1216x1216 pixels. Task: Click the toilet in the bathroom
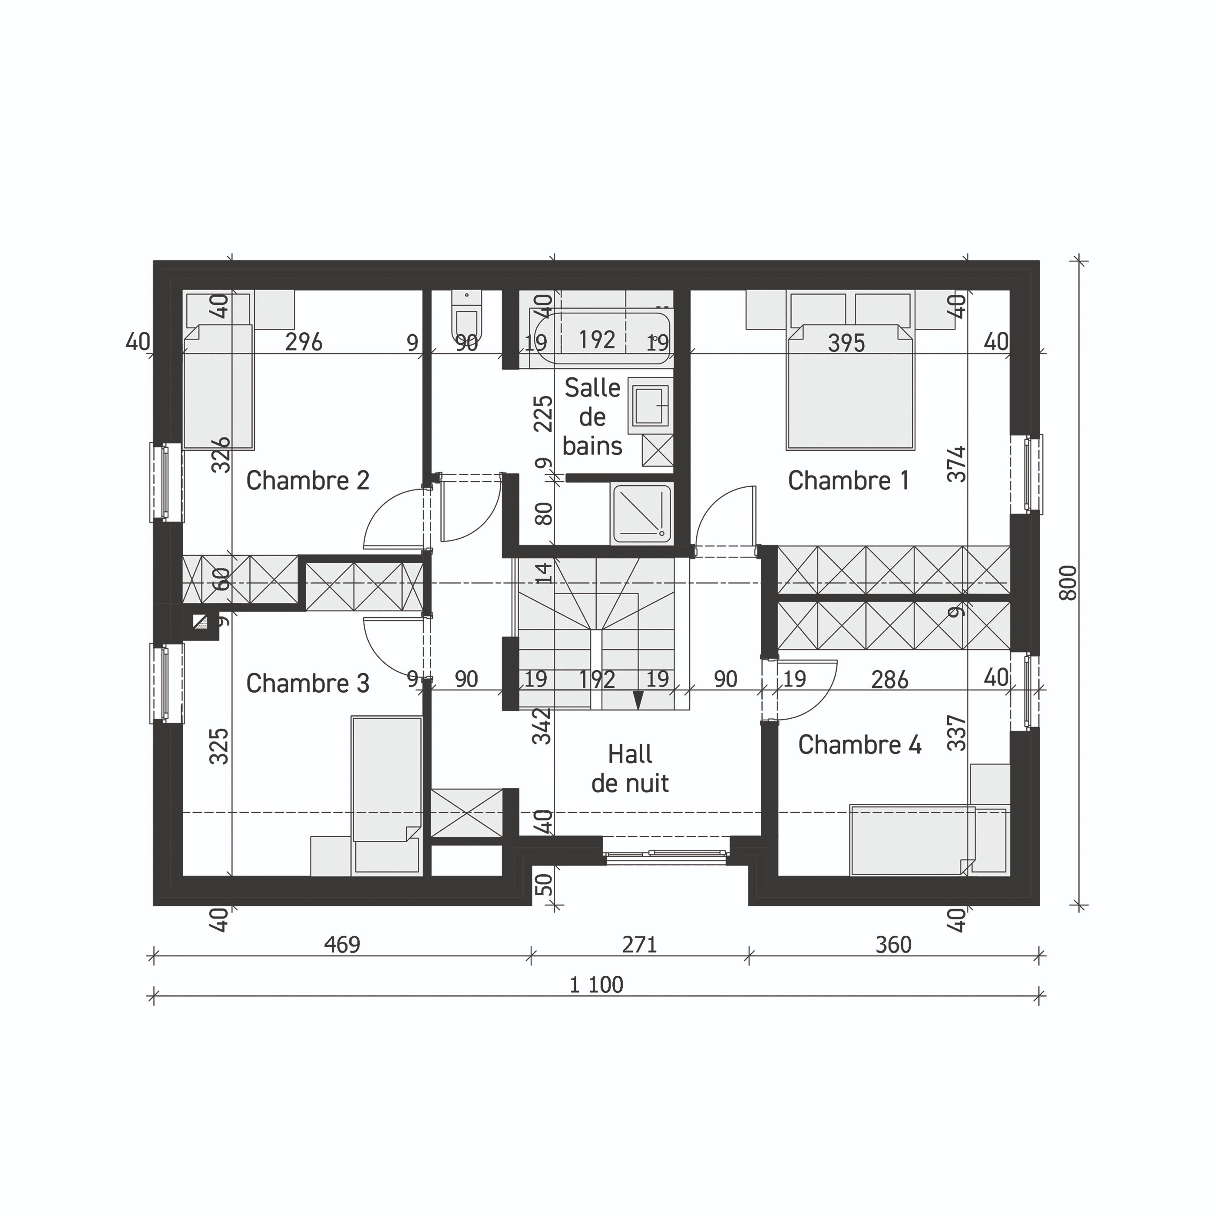(x=466, y=318)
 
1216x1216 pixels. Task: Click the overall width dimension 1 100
(x=596, y=985)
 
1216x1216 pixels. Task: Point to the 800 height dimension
(x=1068, y=583)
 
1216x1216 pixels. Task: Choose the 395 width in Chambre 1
(x=846, y=343)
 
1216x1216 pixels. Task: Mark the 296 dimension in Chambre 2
(x=304, y=342)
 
